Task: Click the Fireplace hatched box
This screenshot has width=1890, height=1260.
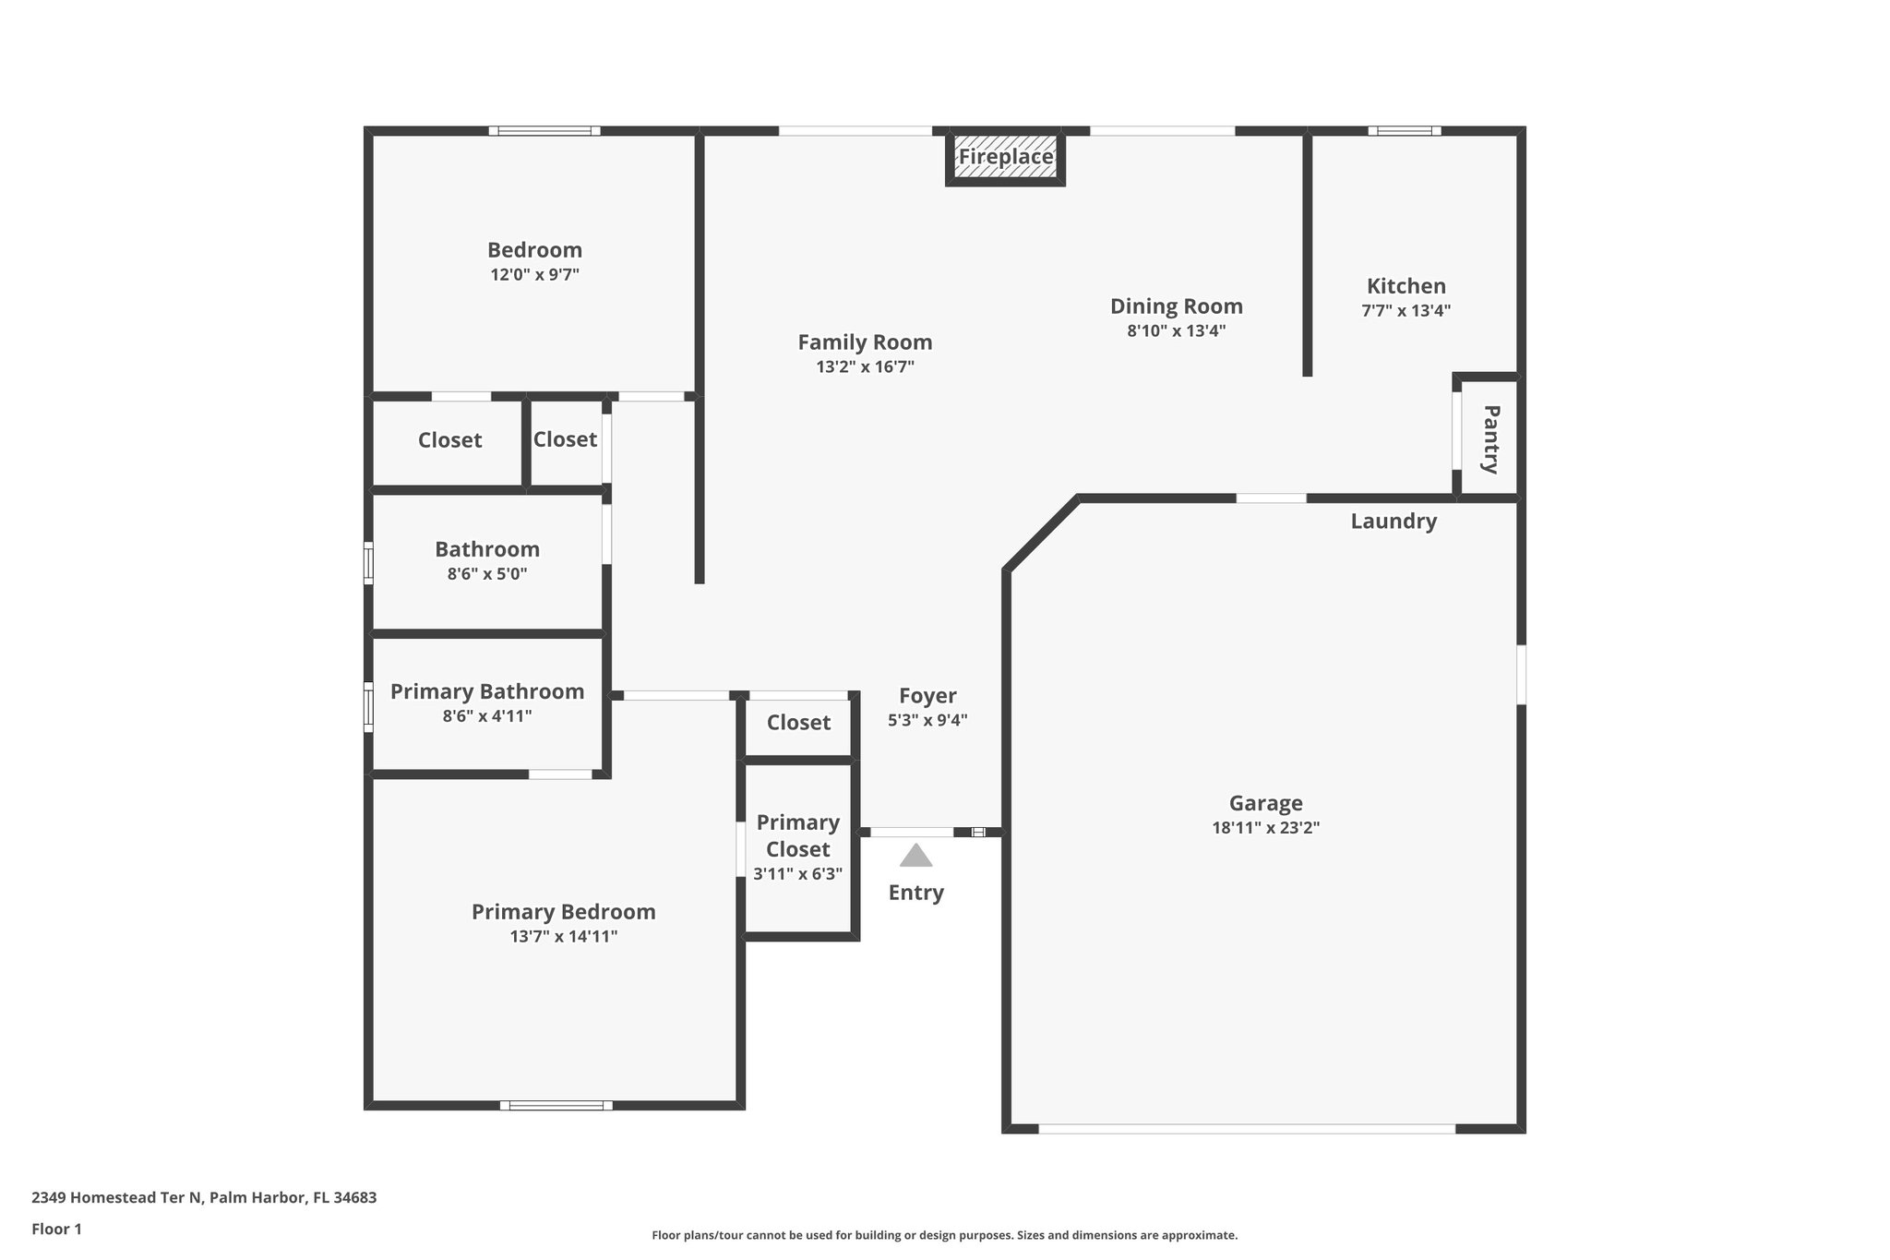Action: [x=1005, y=158]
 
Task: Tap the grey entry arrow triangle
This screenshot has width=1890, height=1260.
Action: [x=915, y=857]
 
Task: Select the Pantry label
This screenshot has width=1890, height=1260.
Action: [x=1489, y=438]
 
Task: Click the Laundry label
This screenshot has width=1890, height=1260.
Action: [x=1394, y=522]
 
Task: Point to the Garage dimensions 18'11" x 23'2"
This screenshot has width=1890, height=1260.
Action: [x=1265, y=828]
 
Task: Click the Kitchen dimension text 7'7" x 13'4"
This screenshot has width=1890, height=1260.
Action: [x=1406, y=311]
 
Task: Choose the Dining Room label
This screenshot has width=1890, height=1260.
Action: [x=1176, y=306]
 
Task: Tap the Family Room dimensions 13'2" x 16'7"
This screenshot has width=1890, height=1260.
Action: [x=865, y=367]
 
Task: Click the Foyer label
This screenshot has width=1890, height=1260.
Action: [x=927, y=696]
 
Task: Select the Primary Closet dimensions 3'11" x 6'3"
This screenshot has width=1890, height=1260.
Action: [x=797, y=874]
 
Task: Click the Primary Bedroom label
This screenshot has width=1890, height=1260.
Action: [x=563, y=912]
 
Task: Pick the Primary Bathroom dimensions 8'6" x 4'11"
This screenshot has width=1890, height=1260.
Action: [x=487, y=716]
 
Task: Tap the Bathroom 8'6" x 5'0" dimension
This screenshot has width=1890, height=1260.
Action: [x=487, y=574]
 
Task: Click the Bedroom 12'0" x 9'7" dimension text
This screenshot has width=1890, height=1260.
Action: [x=534, y=275]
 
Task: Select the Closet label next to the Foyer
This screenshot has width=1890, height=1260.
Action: [x=798, y=723]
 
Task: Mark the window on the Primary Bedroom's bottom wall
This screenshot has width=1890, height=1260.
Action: [x=556, y=1105]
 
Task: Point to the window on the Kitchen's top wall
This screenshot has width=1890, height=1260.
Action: [x=1404, y=131]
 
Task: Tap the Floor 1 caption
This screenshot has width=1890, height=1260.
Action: [x=57, y=1229]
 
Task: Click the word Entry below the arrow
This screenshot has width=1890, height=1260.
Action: [x=915, y=893]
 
